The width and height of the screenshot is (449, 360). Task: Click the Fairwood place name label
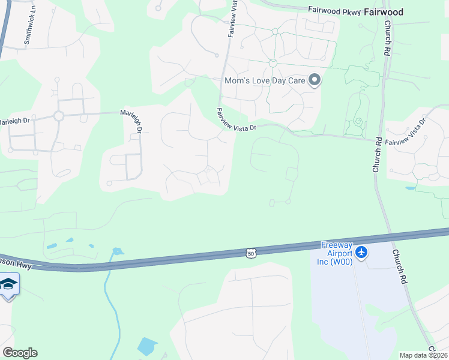click(x=382, y=11)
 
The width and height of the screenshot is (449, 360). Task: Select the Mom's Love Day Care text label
click(x=265, y=80)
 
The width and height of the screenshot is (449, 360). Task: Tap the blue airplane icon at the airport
click(x=361, y=253)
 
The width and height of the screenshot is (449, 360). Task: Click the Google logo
click(x=20, y=352)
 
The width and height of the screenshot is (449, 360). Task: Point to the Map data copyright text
click(x=424, y=355)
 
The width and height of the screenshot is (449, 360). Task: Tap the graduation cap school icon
click(x=8, y=283)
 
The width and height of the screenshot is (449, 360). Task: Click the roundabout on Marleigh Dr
click(x=59, y=116)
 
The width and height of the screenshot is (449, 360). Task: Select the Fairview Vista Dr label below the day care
click(x=237, y=120)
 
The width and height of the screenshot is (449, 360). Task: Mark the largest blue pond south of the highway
click(x=146, y=346)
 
